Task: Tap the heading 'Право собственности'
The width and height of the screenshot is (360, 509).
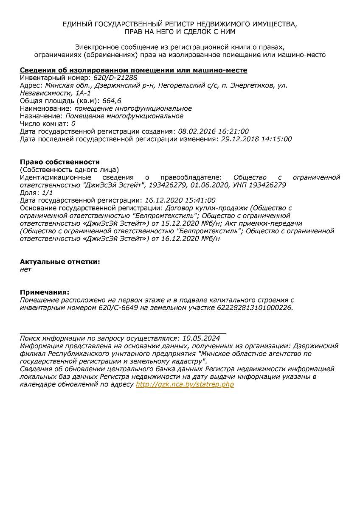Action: tap(60, 162)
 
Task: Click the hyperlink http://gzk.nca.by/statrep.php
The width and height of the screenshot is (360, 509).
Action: tap(185, 384)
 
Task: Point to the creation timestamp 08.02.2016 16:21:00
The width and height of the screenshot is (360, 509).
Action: tap(213, 131)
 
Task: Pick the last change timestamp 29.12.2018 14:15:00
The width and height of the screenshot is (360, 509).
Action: tap(256, 139)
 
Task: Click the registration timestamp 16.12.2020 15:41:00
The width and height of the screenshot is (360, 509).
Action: tap(180, 200)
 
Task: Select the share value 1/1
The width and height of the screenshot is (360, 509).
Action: tap(48, 193)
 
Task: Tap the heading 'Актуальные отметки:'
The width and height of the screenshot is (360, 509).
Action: tap(60, 262)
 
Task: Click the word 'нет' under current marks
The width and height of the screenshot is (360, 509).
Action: tap(25, 269)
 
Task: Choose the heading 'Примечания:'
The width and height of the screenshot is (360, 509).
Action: tap(45, 292)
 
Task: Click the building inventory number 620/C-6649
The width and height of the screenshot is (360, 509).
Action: tap(116, 308)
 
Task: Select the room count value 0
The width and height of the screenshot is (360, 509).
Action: tap(73, 123)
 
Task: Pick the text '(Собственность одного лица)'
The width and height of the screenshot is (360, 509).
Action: tap(70, 169)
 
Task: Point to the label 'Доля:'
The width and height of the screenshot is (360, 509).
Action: tap(30, 193)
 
